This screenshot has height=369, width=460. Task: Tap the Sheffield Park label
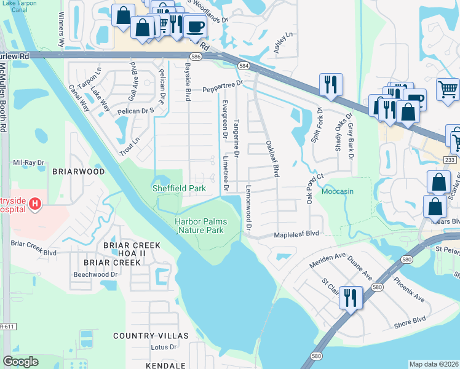click(x=179, y=188)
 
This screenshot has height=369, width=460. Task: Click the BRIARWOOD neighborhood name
click(x=78, y=172)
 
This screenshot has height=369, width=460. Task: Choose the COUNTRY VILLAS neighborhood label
click(x=151, y=336)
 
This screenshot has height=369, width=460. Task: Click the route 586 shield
click(x=196, y=57)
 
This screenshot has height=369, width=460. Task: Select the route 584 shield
click(x=244, y=65)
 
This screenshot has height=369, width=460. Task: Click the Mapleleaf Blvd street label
click(x=298, y=234)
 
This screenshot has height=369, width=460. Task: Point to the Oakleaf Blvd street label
click(x=272, y=159)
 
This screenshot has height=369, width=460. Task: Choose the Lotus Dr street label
click(x=163, y=347)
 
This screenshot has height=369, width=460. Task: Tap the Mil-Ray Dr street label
click(x=29, y=163)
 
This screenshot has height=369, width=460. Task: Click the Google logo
click(x=20, y=362)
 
